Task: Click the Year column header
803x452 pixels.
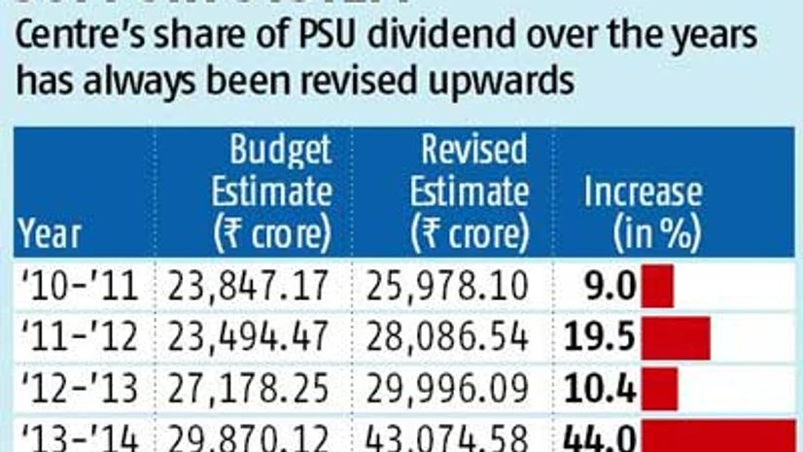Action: pos(49,233)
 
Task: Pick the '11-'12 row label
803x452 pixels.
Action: pos(81,337)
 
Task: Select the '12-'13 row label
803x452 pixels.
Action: pos(81,389)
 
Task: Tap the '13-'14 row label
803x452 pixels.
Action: pos(81,436)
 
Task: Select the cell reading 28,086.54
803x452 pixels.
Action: pos(448,337)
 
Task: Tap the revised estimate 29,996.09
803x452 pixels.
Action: pos(448,389)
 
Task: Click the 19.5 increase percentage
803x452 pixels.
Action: pos(599,337)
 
